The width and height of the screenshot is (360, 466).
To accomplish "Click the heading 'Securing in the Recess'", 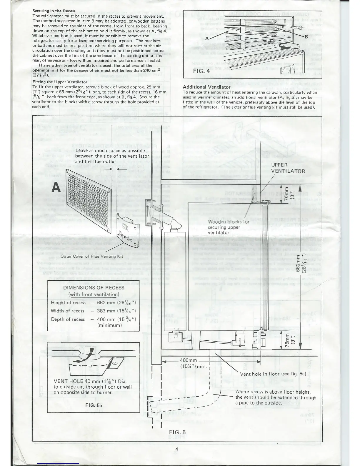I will (54, 11).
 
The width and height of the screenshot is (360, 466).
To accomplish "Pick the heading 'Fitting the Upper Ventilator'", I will (60, 82).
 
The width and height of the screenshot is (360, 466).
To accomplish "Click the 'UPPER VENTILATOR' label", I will (288, 168).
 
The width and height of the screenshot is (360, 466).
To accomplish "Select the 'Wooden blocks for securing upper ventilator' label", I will (228, 227).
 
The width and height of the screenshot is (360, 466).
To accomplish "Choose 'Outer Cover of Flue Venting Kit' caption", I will (91, 256).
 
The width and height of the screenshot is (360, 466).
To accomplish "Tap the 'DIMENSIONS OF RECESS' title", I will (94, 287).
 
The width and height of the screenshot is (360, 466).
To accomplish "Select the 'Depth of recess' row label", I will (68, 319).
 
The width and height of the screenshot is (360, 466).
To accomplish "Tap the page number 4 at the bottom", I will (177, 449).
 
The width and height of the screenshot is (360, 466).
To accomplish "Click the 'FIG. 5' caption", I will (178, 432).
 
